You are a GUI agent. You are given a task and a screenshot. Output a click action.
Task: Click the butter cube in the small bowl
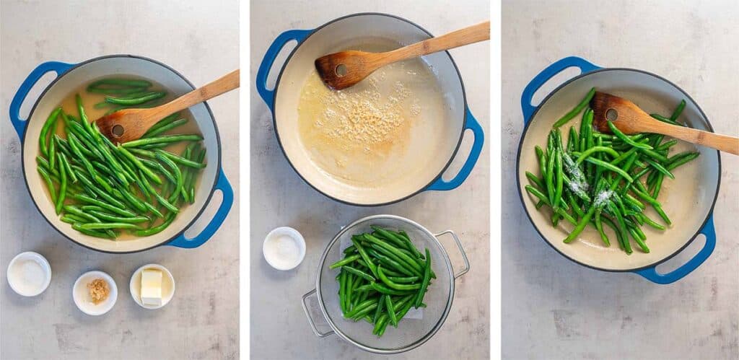pos(152,286)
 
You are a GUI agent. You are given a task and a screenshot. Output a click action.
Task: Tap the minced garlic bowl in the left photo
pos(95,292)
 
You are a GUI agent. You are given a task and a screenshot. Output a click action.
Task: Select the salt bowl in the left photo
pos(29,274)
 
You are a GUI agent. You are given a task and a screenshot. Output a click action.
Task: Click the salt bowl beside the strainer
pos(284,248)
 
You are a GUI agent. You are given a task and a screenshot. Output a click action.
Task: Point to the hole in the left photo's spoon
pos(117,131)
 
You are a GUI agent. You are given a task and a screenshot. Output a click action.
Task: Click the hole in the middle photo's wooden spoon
pos(340,70)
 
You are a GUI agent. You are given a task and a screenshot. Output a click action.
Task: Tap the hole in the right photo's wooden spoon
pos(612,114)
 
